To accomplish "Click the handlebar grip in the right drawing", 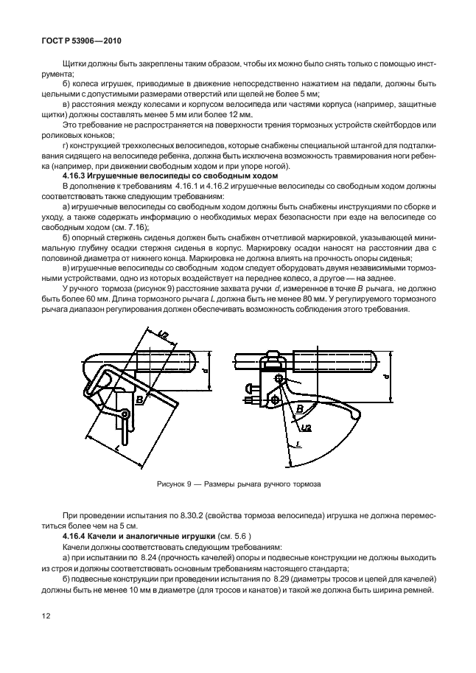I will [x=335, y=363].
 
